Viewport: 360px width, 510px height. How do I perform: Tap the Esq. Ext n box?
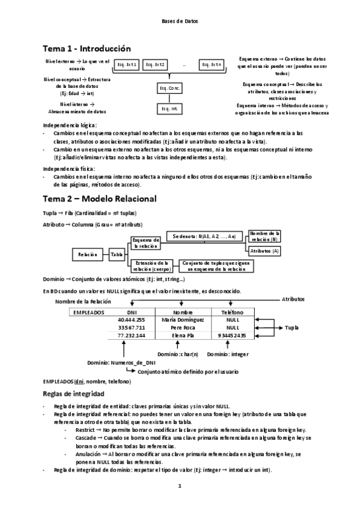tap(212, 65)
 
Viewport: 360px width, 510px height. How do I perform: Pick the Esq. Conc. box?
tap(169, 88)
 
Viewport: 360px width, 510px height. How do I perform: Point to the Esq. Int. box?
tap(169, 109)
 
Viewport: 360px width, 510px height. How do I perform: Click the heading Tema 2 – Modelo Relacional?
tap(100, 198)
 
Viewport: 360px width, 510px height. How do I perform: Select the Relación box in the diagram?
tap(87, 255)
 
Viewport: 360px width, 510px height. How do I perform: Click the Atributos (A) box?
tap(264, 250)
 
